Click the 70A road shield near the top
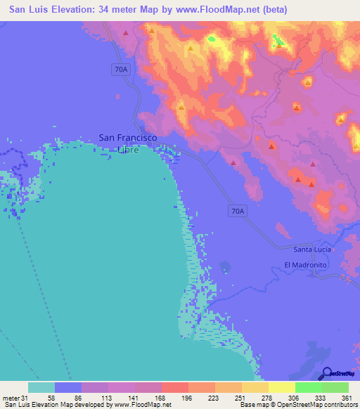coord(121,69)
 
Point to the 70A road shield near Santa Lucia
coord(238,211)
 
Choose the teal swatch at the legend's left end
coord(41,387)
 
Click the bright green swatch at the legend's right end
coord(335,387)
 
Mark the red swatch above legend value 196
coord(175,387)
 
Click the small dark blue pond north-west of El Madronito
coord(224,267)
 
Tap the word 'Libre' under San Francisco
coord(128,150)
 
